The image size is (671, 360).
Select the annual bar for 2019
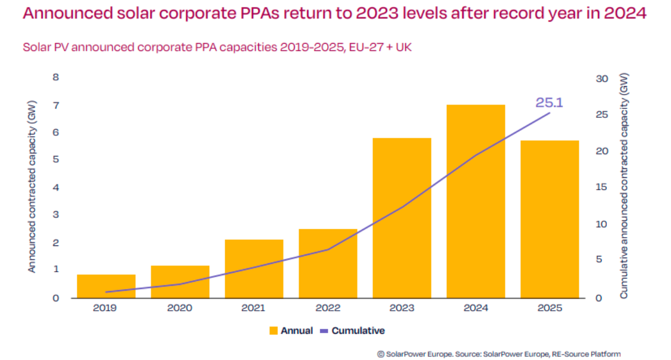click(106, 286)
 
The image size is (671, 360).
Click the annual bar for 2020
click(180, 282)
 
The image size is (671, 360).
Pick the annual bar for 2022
click(328, 263)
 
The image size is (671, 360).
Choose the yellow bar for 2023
click(401, 218)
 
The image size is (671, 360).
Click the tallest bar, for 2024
click(475, 201)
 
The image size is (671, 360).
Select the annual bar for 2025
click(549, 219)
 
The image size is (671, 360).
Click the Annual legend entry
click(290, 330)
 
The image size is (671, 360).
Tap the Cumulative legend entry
click(352, 330)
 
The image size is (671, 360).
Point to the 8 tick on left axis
click(55, 78)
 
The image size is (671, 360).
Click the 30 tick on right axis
click(602, 79)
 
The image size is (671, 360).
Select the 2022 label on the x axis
click(328, 308)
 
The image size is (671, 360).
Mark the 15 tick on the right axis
click(602, 188)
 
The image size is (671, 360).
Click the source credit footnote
click(499, 354)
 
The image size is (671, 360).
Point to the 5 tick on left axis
click(55, 160)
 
